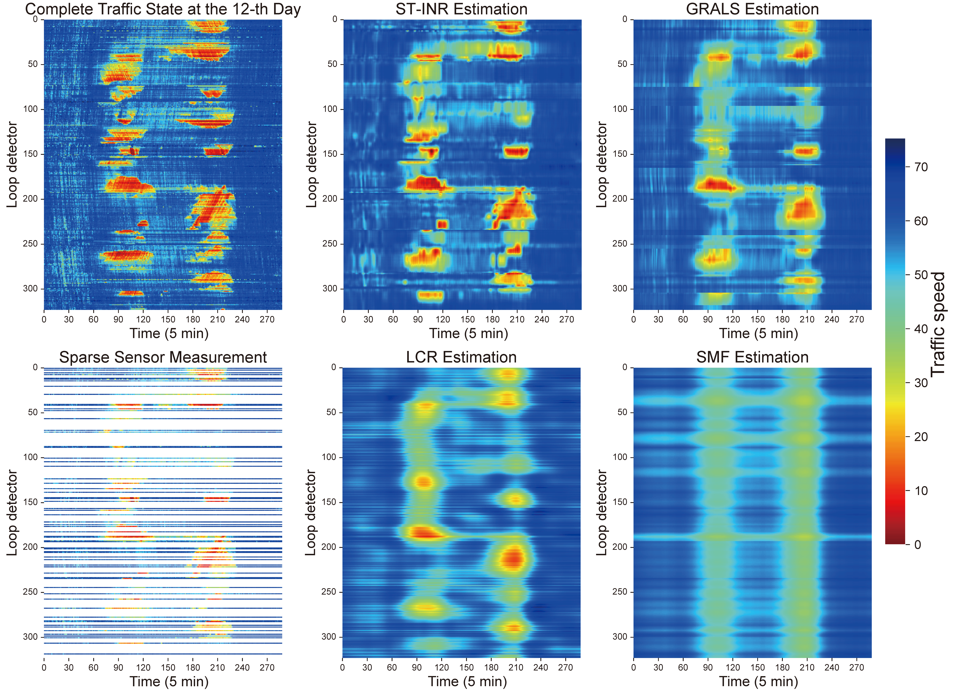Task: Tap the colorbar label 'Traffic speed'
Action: tap(938, 324)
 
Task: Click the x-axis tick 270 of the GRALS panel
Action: tap(856, 319)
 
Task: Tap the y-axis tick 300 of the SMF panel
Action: tap(619, 636)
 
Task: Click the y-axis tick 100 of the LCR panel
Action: tap(328, 457)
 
